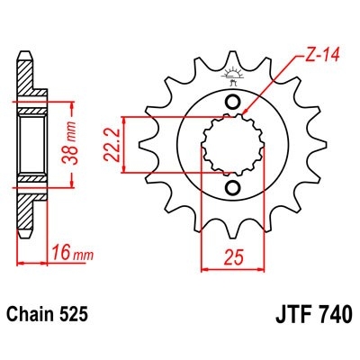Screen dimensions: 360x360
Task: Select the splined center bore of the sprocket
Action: click(x=231, y=144)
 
